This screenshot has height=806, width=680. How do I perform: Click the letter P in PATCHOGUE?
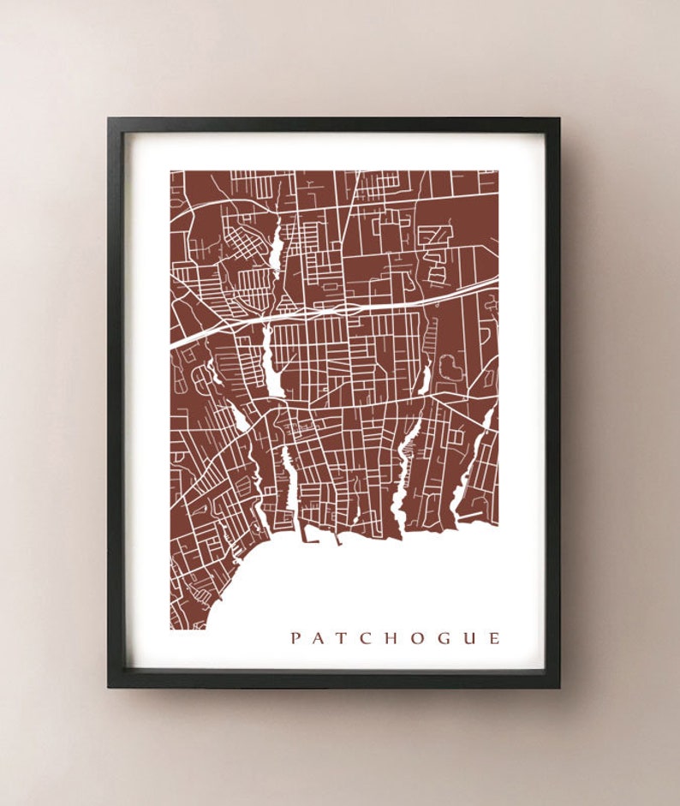295,638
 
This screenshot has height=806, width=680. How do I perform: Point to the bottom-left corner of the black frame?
109,687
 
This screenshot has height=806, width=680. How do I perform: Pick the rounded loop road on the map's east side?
450,367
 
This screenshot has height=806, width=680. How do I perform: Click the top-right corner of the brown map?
497,171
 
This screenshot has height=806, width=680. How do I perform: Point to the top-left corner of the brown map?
170,171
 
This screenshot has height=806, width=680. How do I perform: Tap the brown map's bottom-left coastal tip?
172,628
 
